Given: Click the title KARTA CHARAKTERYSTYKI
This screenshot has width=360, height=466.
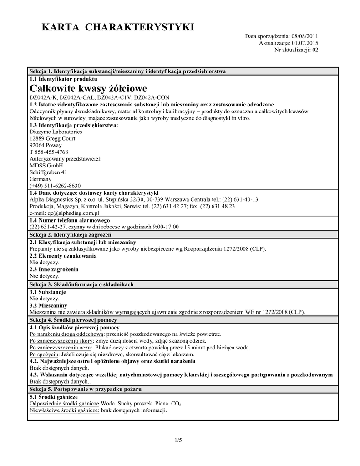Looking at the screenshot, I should coord(118,28).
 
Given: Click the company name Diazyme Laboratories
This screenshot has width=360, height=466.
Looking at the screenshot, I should coord(56,132).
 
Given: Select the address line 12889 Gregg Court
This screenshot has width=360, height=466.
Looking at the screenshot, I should coord(52,138).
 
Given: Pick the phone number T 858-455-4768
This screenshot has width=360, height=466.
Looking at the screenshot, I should coord(49,152).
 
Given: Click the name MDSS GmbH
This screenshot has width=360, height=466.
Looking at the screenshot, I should coord(46,166).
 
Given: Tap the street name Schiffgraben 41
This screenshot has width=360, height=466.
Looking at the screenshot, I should coord(48,172).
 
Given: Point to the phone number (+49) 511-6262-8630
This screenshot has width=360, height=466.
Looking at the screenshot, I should coord(55,186).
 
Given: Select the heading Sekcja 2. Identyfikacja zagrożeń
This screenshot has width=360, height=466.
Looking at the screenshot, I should coord(74,234).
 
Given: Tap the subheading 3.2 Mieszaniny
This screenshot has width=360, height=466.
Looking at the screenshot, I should coord(48,305).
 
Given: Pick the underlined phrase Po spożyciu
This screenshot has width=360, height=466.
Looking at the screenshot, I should coord(44,354).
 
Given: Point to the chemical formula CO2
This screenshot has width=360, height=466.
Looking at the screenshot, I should coord(176,404).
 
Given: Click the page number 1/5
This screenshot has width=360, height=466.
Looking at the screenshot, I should coord(178,440).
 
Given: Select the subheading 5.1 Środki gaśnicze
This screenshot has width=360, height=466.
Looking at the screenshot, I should coord(53,397).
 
